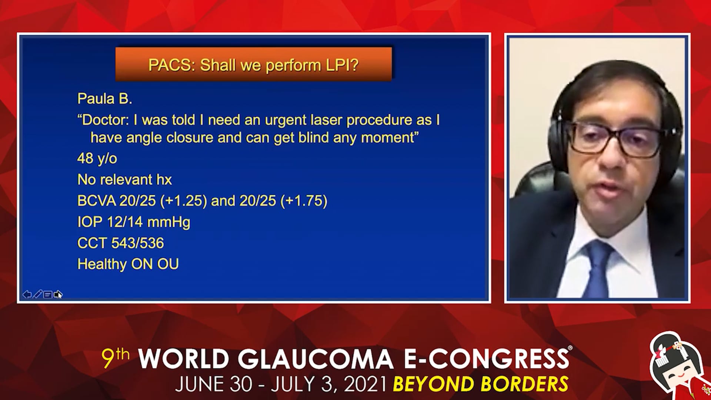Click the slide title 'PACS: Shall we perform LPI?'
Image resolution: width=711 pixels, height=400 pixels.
tap(254, 65)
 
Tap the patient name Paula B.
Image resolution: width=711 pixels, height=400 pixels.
tap(104, 99)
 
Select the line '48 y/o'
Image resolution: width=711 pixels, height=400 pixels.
tap(97, 159)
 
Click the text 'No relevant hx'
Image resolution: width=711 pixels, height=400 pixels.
tap(124, 180)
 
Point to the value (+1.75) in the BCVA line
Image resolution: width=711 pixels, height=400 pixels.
tap(304, 201)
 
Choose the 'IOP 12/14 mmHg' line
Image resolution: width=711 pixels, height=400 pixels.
tap(134, 222)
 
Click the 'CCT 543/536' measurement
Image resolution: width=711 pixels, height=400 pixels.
tap(120, 243)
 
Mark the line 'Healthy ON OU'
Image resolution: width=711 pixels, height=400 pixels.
tap(128, 264)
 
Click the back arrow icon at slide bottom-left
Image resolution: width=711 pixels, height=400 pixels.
tap(27, 294)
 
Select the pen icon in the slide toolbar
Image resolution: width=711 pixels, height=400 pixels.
tap(37, 294)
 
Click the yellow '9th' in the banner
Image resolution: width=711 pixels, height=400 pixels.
tap(116, 358)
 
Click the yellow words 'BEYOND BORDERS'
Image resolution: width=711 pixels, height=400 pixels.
tap(480, 384)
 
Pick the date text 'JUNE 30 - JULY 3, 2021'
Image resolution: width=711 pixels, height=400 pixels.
tap(281, 384)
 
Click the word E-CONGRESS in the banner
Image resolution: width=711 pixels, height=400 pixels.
tap(486, 359)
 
